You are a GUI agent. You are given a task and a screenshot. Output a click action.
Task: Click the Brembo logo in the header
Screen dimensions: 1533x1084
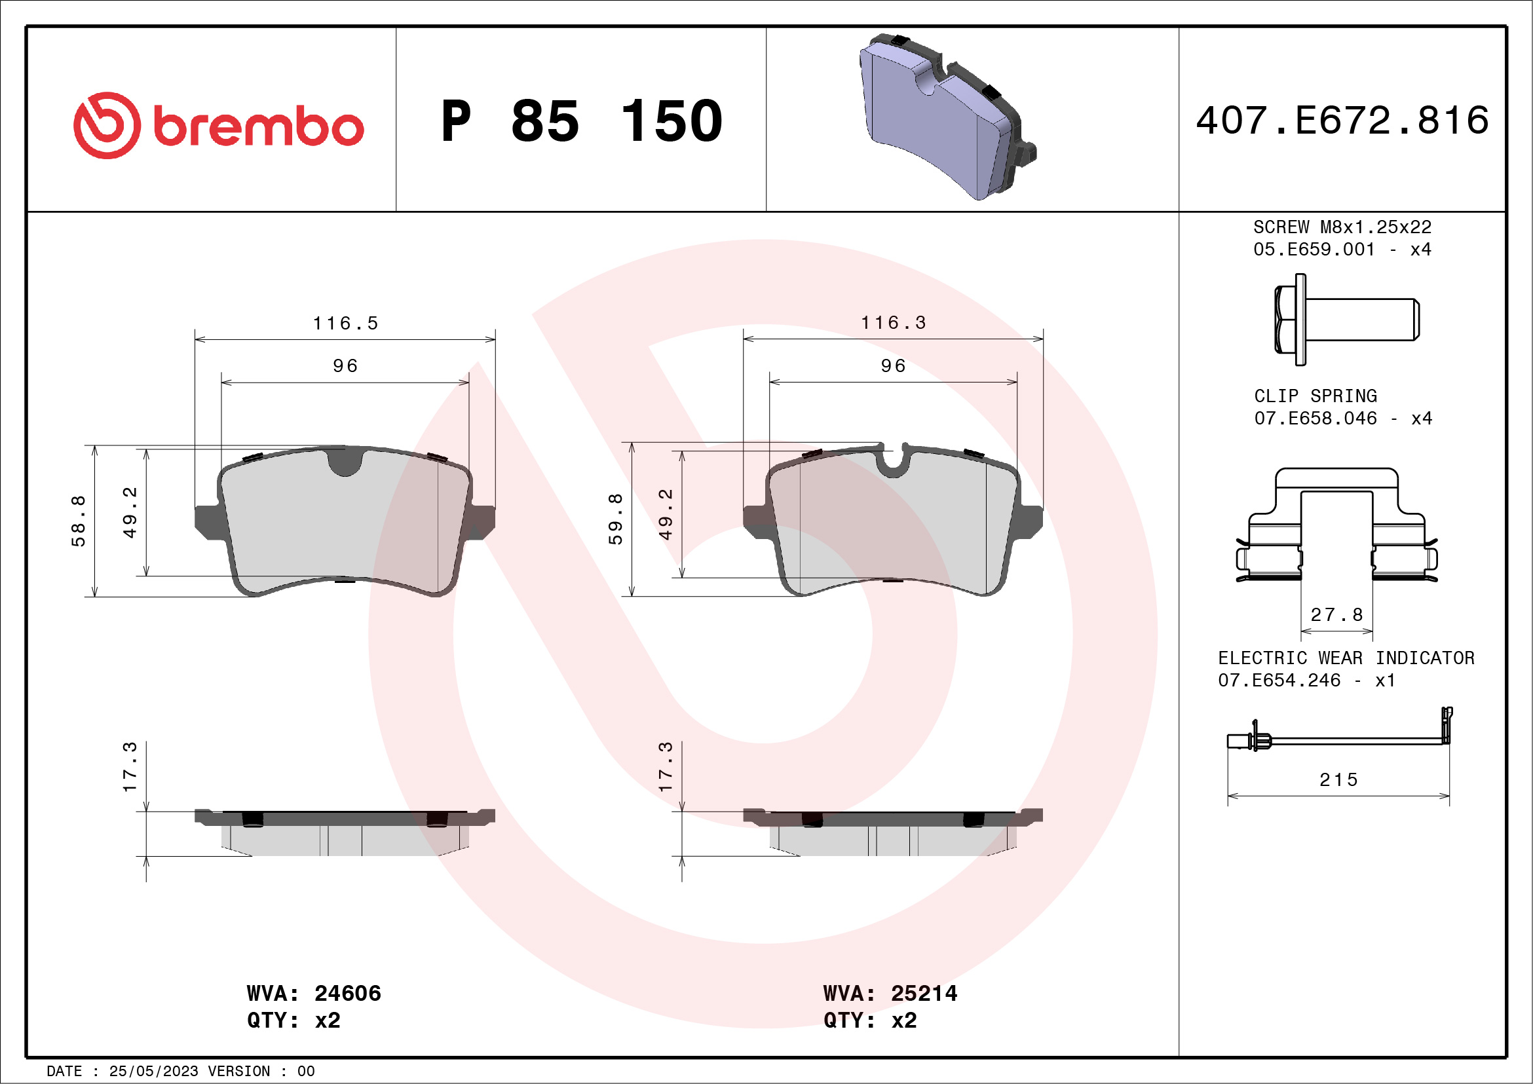pyautogui.click(x=218, y=126)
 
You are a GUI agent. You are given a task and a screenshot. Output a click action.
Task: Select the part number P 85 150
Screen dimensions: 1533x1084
pyautogui.click(x=582, y=121)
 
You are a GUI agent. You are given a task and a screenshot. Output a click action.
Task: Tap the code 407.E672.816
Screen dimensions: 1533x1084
pyautogui.click(x=1342, y=120)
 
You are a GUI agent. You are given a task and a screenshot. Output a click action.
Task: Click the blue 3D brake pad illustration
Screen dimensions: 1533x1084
pyautogui.click(x=947, y=117)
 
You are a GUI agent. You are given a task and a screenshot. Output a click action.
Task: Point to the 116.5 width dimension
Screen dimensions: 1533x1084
pyautogui.click(x=346, y=323)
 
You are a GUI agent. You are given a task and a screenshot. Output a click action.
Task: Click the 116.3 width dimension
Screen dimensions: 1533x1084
pyautogui.click(x=894, y=322)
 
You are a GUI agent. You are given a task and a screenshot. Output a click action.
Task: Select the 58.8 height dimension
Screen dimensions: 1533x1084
pyautogui.click(x=79, y=521)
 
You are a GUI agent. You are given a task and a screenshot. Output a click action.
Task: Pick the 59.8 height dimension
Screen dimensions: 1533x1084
pyautogui.click(x=615, y=519)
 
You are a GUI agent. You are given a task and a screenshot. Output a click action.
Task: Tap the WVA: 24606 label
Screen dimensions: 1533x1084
pyautogui.click(x=314, y=993)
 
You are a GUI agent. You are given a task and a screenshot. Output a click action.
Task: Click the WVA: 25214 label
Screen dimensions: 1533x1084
pyautogui.click(x=890, y=993)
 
